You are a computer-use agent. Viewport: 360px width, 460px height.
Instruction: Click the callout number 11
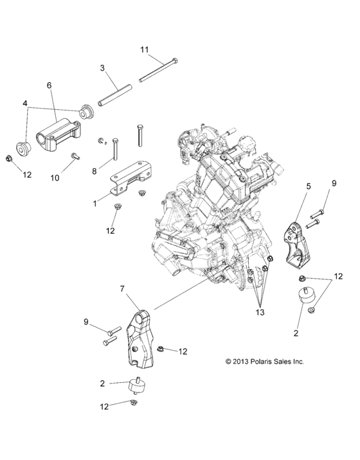(x=145, y=49)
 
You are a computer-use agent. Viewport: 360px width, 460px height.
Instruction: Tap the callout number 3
(x=102, y=67)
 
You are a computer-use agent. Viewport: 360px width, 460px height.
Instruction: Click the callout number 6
(x=48, y=85)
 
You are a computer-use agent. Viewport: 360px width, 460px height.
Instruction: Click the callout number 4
(x=25, y=103)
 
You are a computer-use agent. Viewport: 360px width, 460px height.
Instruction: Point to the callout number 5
(x=308, y=186)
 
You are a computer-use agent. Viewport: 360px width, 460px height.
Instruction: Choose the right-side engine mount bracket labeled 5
(x=298, y=245)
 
